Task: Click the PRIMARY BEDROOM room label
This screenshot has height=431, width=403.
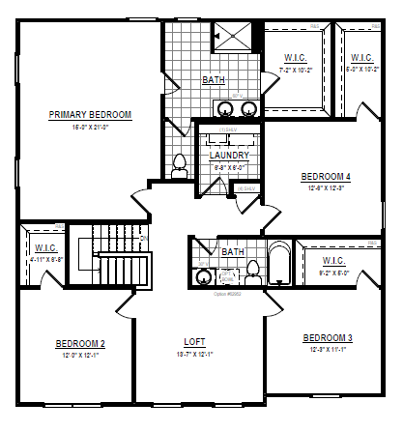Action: tap(90, 115)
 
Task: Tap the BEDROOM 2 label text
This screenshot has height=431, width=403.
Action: tap(80, 344)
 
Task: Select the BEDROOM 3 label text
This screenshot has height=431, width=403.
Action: tap(328, 338)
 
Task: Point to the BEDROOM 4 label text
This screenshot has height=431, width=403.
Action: tap(326, 176)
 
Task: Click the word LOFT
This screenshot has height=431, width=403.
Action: tap(195, 343)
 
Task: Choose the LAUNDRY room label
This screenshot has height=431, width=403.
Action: tap(229, 155)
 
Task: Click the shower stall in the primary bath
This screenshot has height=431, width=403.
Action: tap(233, 37)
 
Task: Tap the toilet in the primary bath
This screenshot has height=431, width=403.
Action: tap(178, 167)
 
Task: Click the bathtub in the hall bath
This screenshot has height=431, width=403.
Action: tap(279, 267)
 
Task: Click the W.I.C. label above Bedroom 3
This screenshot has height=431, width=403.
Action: tap(333, 261)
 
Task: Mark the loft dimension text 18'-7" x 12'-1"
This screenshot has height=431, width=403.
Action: tap(195, 356)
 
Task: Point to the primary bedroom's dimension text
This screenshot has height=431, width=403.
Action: tap(90, 127)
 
